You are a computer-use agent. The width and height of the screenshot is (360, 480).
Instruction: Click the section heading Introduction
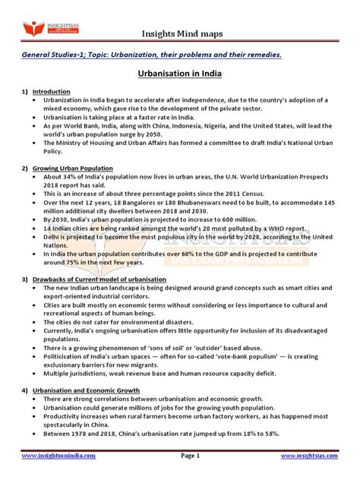pyautogui.click(x=51, y=92)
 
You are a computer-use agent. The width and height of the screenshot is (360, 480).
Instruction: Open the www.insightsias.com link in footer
pyautogui.click(x=311, y=456)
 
